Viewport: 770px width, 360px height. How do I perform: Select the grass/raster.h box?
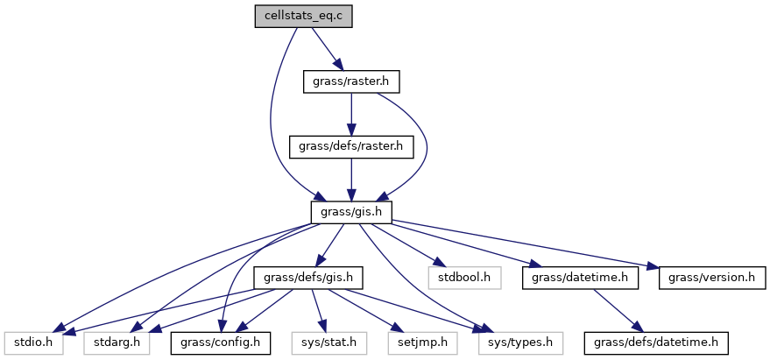pyautogui.click(x=350, y=82)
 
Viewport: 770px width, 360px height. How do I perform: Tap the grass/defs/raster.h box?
pyautogui.click(x=350, y=146)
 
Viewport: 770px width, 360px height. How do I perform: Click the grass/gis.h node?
pyautogui.click(x=350, y=211)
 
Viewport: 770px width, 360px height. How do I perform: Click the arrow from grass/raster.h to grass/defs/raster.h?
pyautogui.click(x=350, y=114)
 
